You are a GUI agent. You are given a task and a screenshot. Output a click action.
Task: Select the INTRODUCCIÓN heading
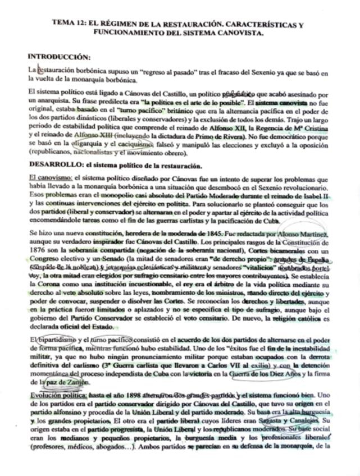(59, 57)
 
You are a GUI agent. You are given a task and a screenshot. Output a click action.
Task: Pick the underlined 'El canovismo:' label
(49, 177)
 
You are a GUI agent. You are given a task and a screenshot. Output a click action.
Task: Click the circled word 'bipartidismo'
(57, 340)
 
